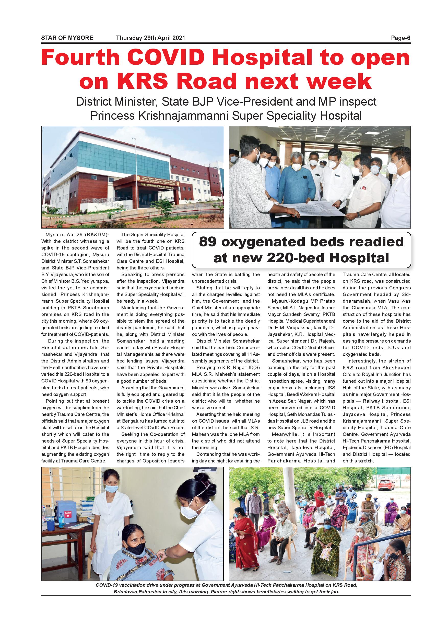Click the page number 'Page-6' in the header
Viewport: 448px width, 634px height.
(x=400, y=38)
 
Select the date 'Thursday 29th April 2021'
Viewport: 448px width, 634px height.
(x=150, y=38)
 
